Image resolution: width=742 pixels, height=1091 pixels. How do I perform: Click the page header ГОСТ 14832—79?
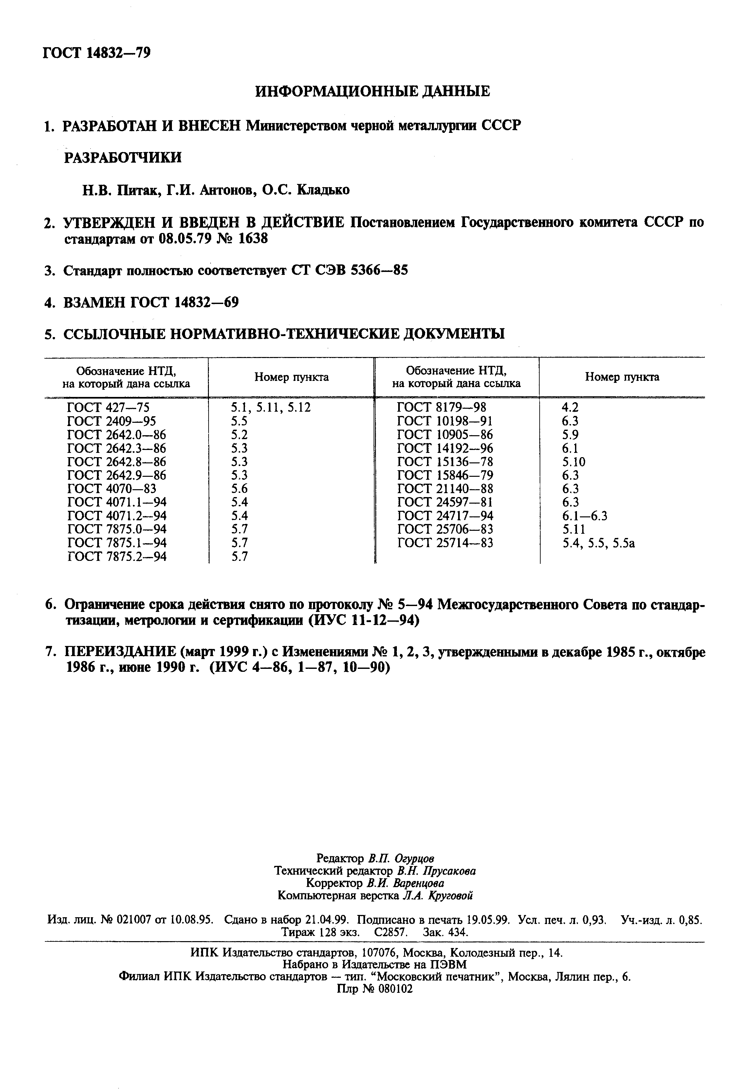[97, 53]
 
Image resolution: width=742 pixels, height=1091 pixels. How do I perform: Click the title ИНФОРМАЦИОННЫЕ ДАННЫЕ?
[372, 91]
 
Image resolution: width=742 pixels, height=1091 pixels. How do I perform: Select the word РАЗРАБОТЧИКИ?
[122, 157]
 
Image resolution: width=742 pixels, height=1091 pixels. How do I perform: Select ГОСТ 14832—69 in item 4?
[184, 302]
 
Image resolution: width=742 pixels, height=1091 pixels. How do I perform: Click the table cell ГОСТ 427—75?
[108, 407]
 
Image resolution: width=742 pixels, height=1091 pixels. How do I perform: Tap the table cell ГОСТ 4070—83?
[111, 489]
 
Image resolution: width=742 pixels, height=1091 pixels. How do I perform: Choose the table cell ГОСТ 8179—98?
[441, 407]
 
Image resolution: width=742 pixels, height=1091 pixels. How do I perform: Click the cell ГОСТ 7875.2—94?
[117, 557]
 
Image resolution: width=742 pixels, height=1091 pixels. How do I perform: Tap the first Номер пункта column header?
[291, 377]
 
